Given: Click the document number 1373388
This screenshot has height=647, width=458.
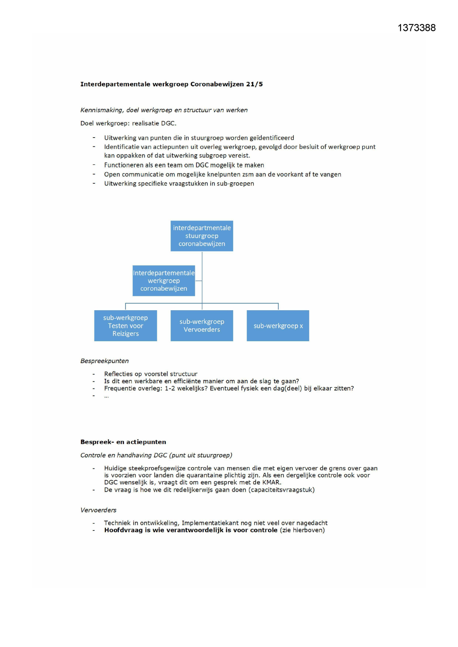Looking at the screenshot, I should pyautogui.click(x=416, y=28).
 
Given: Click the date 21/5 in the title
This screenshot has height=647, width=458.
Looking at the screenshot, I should pyautogui.click(x=254, y=84).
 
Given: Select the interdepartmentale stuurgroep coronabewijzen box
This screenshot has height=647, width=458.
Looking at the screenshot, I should pyautogui.click(x=202, y=236).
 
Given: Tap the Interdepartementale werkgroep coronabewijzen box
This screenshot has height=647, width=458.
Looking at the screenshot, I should pyautogui.click(x=163, y=281).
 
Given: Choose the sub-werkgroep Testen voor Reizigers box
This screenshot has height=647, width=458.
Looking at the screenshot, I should pyautogui.click(x=125, y=326).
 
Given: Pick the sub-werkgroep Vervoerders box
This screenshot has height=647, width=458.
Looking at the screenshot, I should pyautogui.click(x=202, y=326).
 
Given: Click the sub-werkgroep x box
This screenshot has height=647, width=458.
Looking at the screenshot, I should pyautogui.click(x=278, y=326).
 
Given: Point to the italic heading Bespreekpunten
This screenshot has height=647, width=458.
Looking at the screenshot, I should pyautogui.click(x=104, y=361).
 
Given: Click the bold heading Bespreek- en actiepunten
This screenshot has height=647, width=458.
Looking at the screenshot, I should pyautogui.click(x=123, y=442).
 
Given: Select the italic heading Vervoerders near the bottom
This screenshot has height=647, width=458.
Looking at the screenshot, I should pyautogui.click(x=98, y=510).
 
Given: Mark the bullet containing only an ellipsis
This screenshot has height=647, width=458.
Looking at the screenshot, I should pyautogui.click(x=106, y=396).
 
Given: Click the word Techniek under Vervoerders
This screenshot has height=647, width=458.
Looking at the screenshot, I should pyautogui.click(x=117, y=523).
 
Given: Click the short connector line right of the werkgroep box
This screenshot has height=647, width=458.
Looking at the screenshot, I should pyautogui.click(x=199, y=281).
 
